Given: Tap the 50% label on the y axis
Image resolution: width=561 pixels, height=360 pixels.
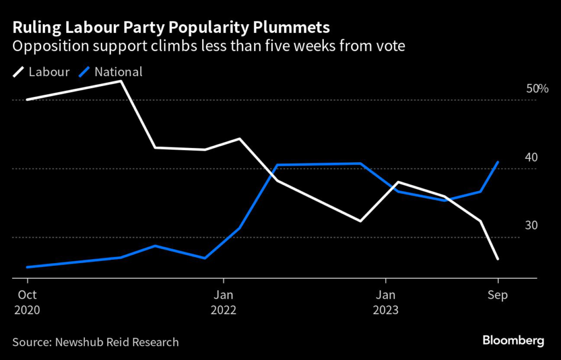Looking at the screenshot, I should [x=537, y=89].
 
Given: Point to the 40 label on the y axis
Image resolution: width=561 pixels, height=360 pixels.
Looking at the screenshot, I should [x=531, y=157].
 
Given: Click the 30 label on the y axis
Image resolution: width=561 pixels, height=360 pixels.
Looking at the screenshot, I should [x=531, y=226].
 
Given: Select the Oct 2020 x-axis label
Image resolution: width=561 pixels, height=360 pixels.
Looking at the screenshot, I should [x=27, y=302].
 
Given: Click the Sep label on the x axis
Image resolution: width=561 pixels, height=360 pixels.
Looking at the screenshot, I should [x=497, y=295].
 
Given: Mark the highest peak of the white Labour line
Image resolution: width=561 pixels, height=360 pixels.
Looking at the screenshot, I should [x=121, y=81].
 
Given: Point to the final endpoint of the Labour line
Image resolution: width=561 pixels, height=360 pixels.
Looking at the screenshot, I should [x=497, y=259].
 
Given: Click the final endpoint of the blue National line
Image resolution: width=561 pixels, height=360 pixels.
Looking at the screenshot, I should [x=497, y=162].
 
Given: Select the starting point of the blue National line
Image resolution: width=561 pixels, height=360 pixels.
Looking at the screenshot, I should [x=27, y=267].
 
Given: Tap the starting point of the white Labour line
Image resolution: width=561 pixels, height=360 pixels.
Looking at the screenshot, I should [x=27, y=100].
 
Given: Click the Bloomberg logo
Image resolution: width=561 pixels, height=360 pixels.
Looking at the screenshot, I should [x=513, y=341].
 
